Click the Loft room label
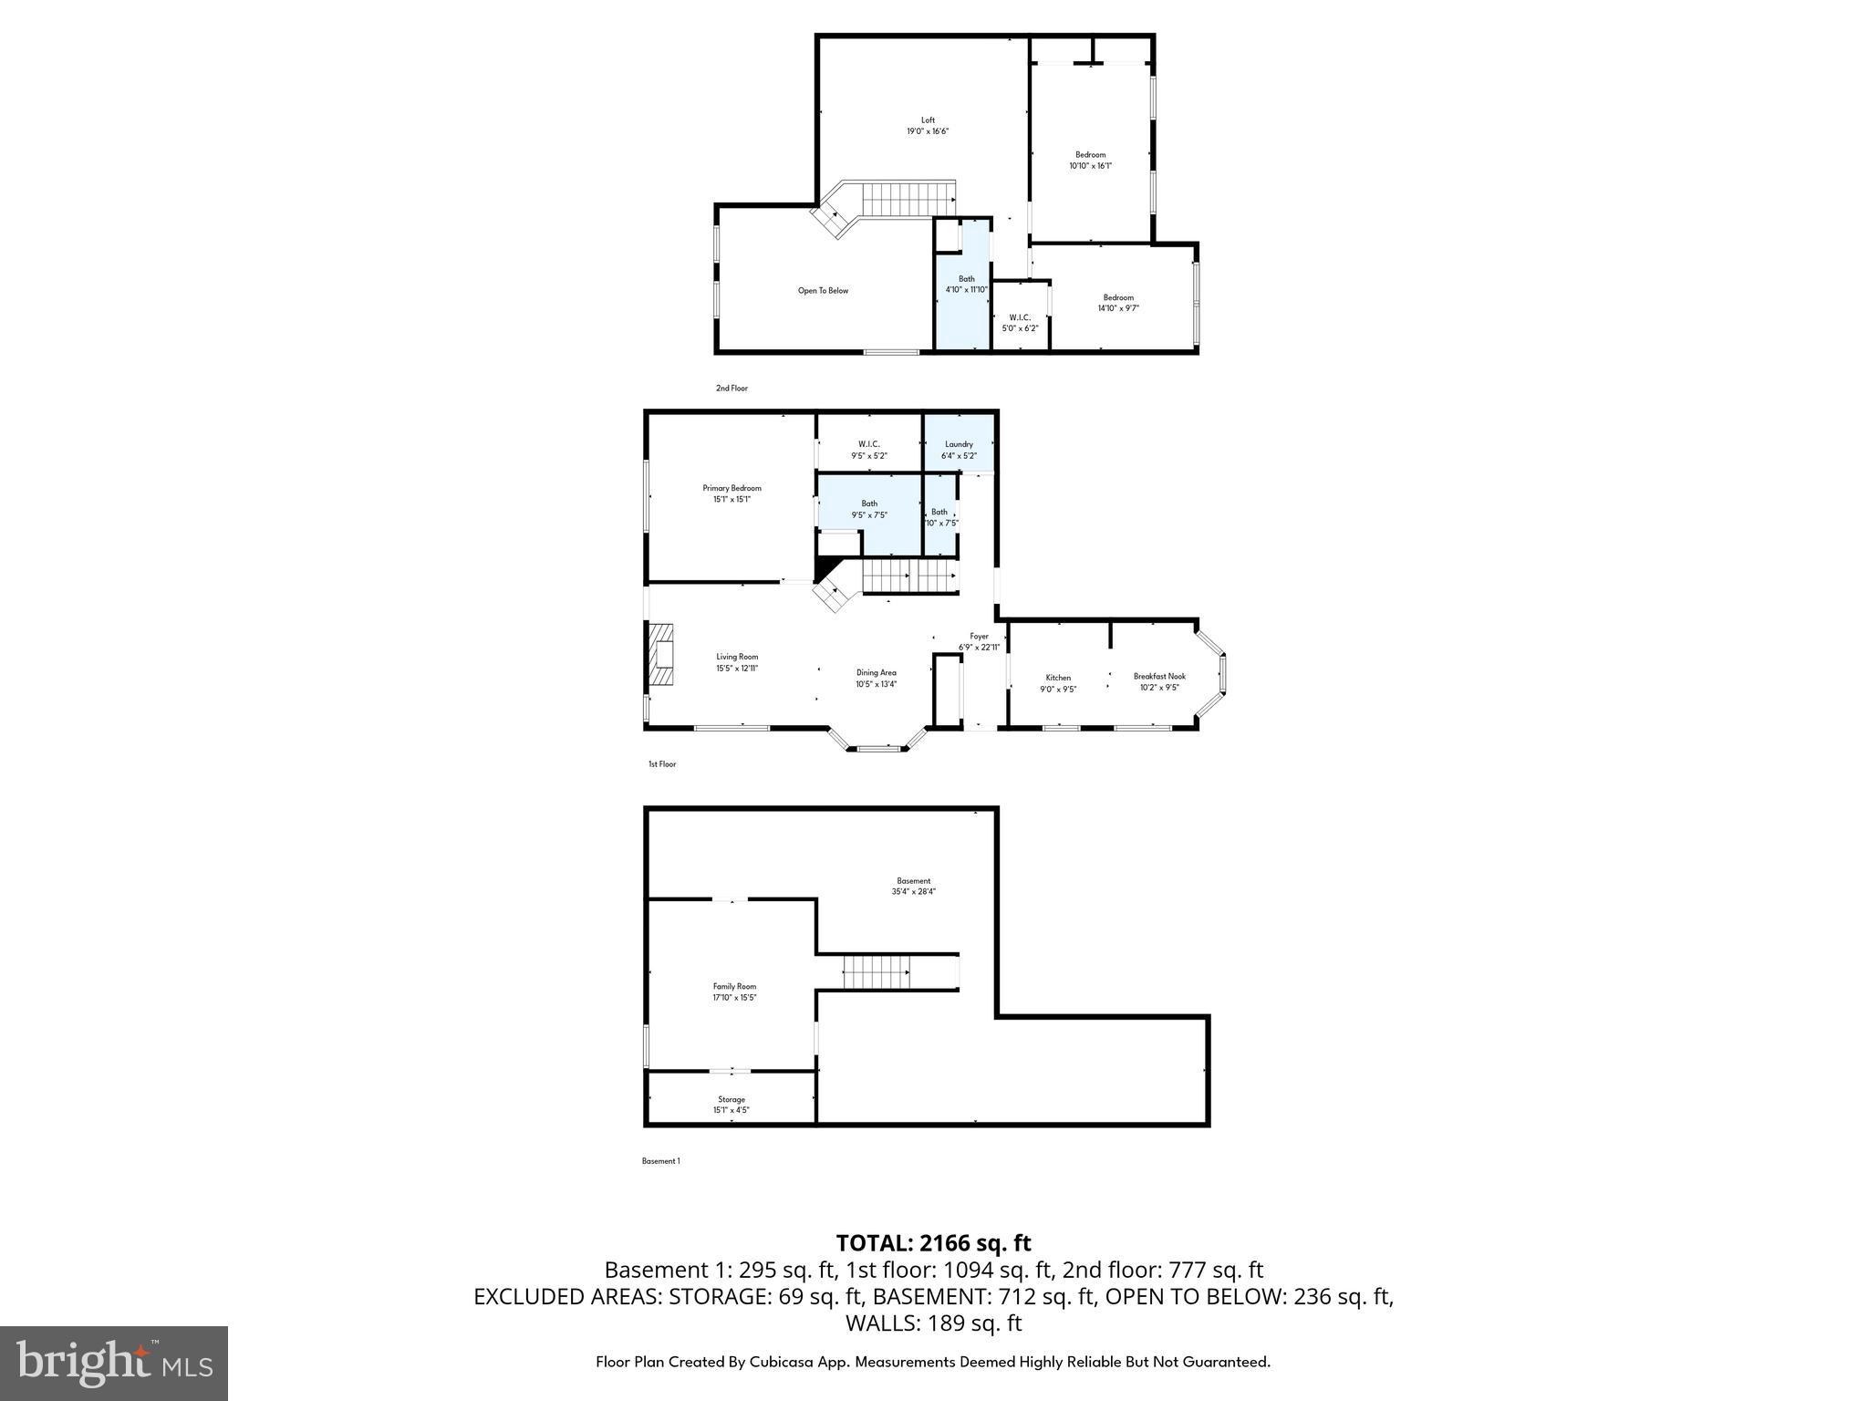coord(928,126)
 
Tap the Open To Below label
coord(823,291)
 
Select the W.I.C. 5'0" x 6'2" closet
coord(1020,322)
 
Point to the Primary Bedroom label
coord(732,493)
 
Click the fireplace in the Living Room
coord(660,658)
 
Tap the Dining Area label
coord(876,678)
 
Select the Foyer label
coord(979,641)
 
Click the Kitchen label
coord(1058,683)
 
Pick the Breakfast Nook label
coord(1159,681)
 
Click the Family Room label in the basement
coord(734,991)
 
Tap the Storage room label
coord(732,1105)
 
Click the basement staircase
coord(877,972)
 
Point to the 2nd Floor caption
coord(732,389)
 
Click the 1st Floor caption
coord(662,764)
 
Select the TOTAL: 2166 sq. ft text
coord(933,1243)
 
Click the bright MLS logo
coord(114,1363)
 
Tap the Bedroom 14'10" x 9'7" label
coord(1118,303)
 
